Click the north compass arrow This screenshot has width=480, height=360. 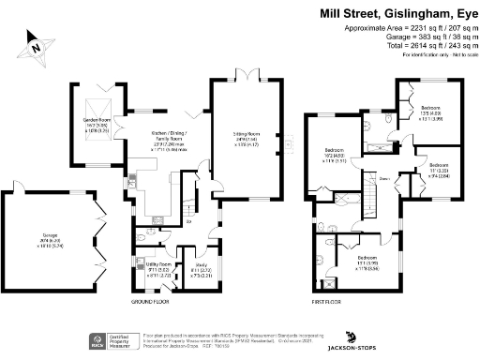click(34, 43)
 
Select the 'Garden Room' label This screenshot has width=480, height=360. click(97, 123)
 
